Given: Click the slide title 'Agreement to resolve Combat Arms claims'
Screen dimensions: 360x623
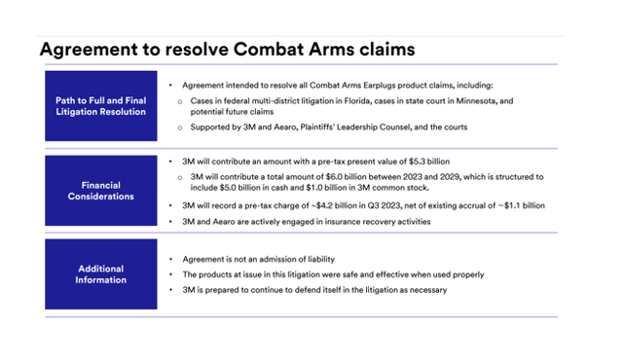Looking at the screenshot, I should (227, 48).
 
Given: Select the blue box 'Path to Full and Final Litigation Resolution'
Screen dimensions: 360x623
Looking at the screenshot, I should (101, 106).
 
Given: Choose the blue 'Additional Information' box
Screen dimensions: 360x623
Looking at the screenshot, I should (101, 273).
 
